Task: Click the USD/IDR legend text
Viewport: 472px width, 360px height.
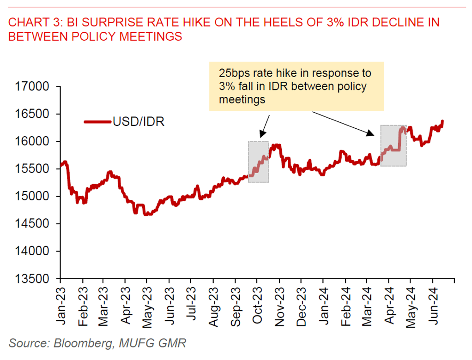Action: (x=139, y=122)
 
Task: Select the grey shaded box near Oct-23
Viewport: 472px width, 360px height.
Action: (x=258, y=162)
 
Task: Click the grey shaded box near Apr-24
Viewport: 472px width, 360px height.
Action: (x=393, y=145)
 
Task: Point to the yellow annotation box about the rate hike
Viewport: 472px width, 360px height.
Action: (x=297, y=86)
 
